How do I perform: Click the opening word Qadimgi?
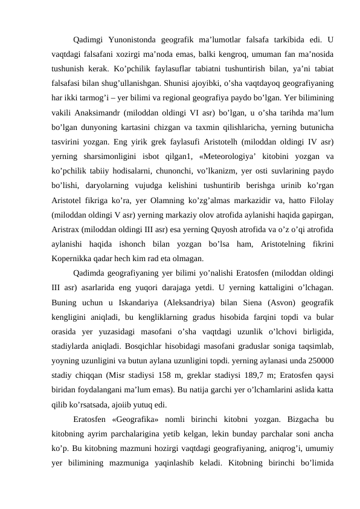pyautogui.click(x=87, y=41)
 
